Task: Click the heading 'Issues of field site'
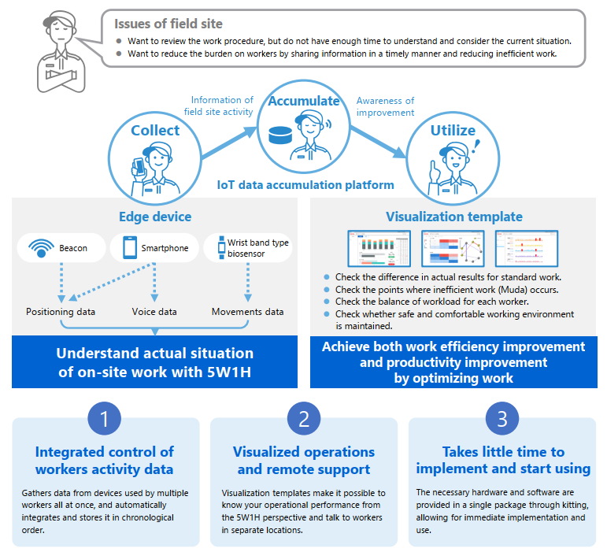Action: pos(168,24)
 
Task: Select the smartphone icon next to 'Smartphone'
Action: pos(129,248)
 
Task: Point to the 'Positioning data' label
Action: pos(61,312)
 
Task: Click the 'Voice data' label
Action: pos(154,312)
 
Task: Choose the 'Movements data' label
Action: pos(247,312)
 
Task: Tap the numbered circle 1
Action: pos(105,419)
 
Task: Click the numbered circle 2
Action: pos(303,419)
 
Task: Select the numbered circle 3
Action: pos(503,419)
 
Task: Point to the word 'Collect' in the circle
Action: pos(155,131)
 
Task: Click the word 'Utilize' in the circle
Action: pos(453,130)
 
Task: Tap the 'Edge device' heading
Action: pos(154,217)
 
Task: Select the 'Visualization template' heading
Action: pos(453,217)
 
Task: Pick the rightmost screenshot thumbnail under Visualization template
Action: pos(526,248)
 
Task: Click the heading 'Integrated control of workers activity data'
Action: pos(105,461)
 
